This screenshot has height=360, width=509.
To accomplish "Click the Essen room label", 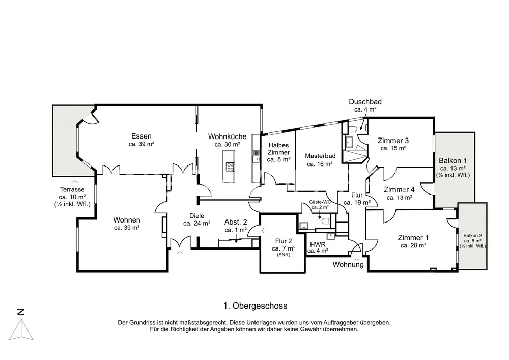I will pos(142,136).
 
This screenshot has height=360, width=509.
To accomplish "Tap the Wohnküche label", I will pos(227,136).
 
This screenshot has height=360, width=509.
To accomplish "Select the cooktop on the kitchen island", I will pos(230,166).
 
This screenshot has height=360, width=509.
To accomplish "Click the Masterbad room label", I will pos(319,156).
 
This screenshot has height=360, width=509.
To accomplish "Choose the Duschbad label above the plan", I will pos(365,102).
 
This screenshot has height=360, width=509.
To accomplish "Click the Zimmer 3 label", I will pos(393,141).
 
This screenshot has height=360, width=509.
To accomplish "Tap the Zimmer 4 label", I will pos(399,190).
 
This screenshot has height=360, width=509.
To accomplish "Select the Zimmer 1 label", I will pos(413,238).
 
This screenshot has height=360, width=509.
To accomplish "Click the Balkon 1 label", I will pos(453,160).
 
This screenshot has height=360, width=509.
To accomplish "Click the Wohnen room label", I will pos(126,220).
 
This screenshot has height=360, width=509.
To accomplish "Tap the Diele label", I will pos(196,216).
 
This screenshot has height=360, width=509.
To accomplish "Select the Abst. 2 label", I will pos(236,222).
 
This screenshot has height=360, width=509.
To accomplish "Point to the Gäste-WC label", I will pos(320,202).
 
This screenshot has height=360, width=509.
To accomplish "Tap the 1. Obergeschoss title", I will pos(256,306).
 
